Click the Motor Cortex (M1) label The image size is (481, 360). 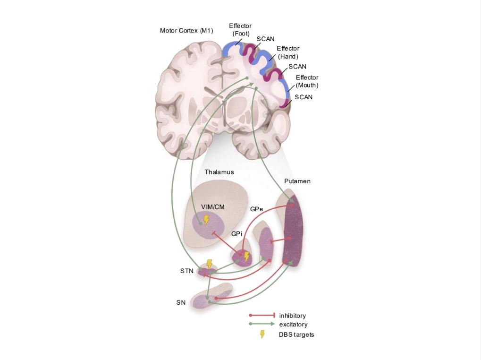(x=186, y=31)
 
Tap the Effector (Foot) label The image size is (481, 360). (x=240, y=30)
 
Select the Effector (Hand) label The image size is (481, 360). (x=288, y=52)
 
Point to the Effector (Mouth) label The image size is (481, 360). (x=307, y=81)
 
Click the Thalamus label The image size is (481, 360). (x=219, y=172)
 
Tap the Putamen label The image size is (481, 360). (x=297, y=181)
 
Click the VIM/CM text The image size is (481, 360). (x=213, y=207)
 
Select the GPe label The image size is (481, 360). (x=257, y=208)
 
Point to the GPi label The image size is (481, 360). (x=237, y=234)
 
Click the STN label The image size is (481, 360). (x=187, y=271)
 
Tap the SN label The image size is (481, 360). (x=181, y=302)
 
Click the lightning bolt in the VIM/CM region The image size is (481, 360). (x=206, y=220)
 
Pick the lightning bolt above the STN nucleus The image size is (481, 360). (x=210, y=264)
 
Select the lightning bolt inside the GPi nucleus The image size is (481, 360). (x=246, y=257)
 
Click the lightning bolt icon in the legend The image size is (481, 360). (x=262, y=334)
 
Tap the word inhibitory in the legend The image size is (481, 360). (x=292, y=316)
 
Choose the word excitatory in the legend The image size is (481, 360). (x=293, y=325)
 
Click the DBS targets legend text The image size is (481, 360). (x=296, y=334)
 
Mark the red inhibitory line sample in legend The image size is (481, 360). (x=262, y=315)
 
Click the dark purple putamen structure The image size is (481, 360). (x=293, y=231)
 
